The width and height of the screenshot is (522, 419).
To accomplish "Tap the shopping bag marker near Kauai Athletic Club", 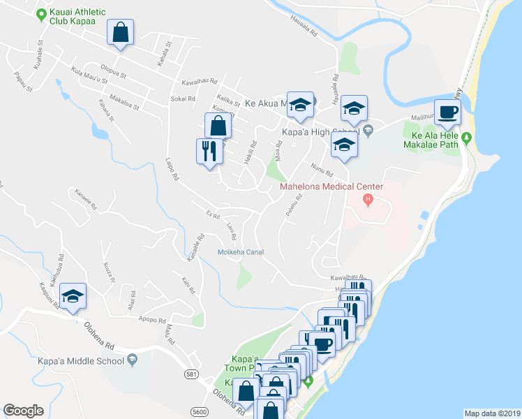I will click(x=120, y=32).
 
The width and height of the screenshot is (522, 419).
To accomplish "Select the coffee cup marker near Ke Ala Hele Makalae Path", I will click(x=448, y=112).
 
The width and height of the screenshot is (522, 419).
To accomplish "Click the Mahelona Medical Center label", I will click(x=331, y=186).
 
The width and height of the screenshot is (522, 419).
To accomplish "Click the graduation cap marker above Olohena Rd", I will click(x=73, y=297).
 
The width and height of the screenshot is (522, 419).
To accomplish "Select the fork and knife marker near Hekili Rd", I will click(x=209, y=152).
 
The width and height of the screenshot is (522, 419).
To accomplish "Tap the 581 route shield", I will click(x=191, y=374).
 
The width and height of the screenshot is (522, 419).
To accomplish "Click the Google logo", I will click(x=23, y=411).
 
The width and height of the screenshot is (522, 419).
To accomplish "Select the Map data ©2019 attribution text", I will click(x=492, y=413).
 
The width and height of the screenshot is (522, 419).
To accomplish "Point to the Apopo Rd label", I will click(x=151, y=320).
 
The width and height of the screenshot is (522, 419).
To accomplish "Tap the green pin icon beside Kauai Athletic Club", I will click(x=41, y=13).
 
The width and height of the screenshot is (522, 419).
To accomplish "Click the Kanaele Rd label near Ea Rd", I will click(x=195, y=249).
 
